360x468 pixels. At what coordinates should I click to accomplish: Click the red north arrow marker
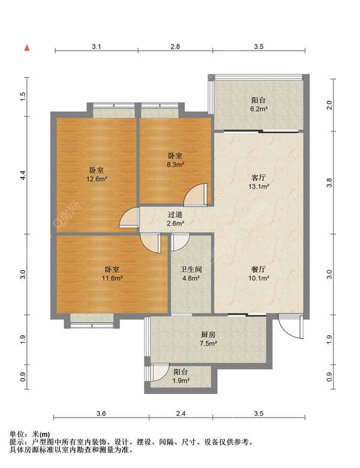point(27,48)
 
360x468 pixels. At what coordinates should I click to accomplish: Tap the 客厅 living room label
point(258,178)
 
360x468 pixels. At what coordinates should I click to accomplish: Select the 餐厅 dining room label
point(258,269)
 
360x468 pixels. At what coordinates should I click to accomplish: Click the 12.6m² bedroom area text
point(97,179)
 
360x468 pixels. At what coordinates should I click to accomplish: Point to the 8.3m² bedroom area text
point(175,164)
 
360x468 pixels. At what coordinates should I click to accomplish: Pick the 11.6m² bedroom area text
point(112,278)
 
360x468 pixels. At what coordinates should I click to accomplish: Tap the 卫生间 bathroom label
point(191,269)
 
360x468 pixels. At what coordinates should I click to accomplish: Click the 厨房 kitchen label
point(208,335)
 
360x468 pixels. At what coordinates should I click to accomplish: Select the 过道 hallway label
point(175,215)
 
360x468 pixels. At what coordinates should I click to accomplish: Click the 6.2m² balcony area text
point(259,109)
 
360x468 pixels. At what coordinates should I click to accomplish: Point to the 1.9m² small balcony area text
point(181,381)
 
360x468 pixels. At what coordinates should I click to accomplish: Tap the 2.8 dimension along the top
point(175,47)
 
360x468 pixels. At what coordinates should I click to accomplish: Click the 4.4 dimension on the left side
point(23,175)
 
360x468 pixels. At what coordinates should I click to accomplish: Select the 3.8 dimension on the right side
point(329,182)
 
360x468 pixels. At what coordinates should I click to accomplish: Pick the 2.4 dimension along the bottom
point(181,413)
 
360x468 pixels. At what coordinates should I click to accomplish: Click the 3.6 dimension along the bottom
point(101,413)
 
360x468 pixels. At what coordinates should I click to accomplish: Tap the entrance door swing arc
point(286,330)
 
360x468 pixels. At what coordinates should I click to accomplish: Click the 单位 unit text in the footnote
point(17,434)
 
